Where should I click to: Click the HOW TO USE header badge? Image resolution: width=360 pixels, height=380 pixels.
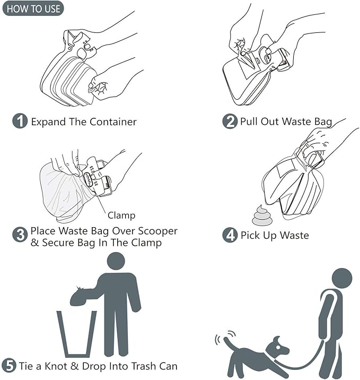pos(32,9)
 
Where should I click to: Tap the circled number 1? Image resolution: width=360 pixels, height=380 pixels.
pos(20,121)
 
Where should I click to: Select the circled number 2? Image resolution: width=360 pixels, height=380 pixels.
pos(230,122)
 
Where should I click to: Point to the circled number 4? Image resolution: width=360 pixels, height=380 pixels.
pos(230,235)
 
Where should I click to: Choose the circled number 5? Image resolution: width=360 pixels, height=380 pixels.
pos(9,366)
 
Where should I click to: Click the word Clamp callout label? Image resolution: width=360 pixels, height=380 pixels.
pos(121,215)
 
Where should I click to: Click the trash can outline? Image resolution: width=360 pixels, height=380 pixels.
pos(76,334)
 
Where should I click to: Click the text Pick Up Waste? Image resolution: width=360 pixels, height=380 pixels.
pos(274,235)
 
